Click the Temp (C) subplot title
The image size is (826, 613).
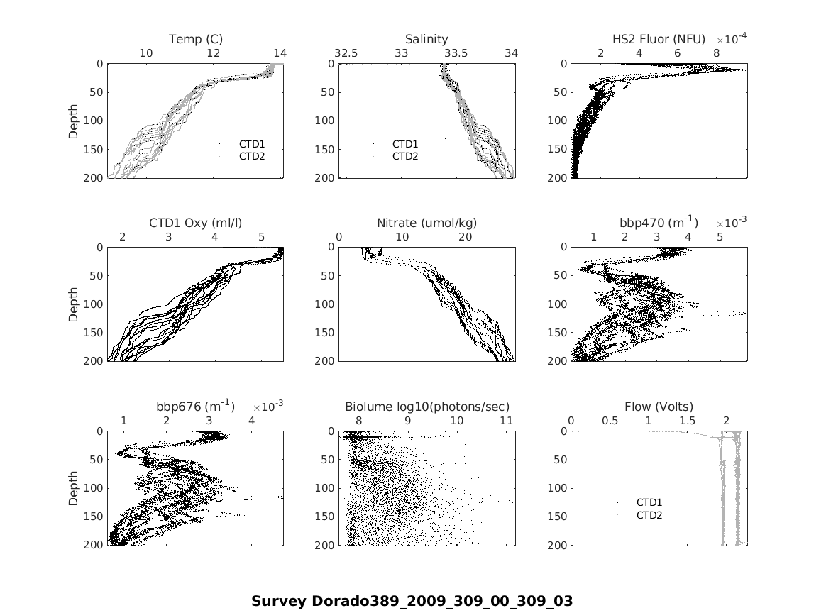(x=196, y=39)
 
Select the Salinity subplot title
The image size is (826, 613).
(x=426, y=39)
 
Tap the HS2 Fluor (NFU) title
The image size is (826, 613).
(x=659, y=39)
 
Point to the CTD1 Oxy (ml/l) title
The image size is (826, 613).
(x=196, y=223)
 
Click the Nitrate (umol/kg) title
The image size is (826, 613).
(x=426, y=223)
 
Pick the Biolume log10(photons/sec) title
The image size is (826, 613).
(x=427, y=407)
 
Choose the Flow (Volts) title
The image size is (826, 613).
(x=659, y=407)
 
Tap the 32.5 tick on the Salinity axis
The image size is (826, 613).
(x=346, y=53)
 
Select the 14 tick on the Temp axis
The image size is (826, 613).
(x=280, y=53)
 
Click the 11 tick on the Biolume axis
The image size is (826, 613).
(x=506, y=420)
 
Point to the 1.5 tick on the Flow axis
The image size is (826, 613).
(x=687, y=420)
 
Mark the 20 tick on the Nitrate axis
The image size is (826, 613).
(x=466, y=236)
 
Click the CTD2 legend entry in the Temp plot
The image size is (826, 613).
(x=251, y=156)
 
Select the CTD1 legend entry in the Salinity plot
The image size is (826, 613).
(x=405, y=144)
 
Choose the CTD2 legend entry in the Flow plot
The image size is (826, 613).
(x=649, y=514)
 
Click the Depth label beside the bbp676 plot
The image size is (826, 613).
(x=74, y=488)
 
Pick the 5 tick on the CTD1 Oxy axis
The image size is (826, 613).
(x=261, y=236)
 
